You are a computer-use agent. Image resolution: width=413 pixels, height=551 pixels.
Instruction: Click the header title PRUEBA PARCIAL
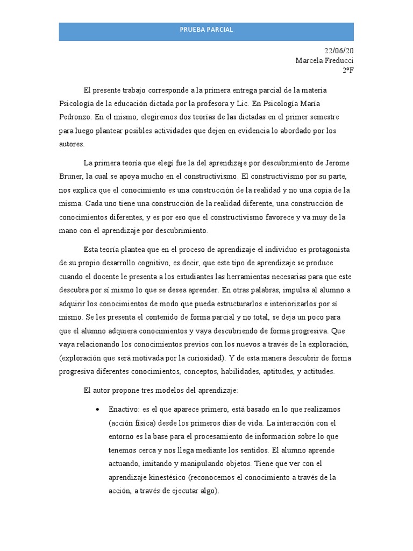coord(206,30)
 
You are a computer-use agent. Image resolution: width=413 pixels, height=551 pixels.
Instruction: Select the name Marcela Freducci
coord(325,60)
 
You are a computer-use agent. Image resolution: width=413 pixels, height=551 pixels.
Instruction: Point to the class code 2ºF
coord(348,70)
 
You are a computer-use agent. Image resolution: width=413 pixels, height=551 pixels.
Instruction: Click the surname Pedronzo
coord(75,116)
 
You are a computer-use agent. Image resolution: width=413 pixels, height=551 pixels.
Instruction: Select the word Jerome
coord(338,163)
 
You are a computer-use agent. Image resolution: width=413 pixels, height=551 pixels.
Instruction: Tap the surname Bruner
coord(70,176)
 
